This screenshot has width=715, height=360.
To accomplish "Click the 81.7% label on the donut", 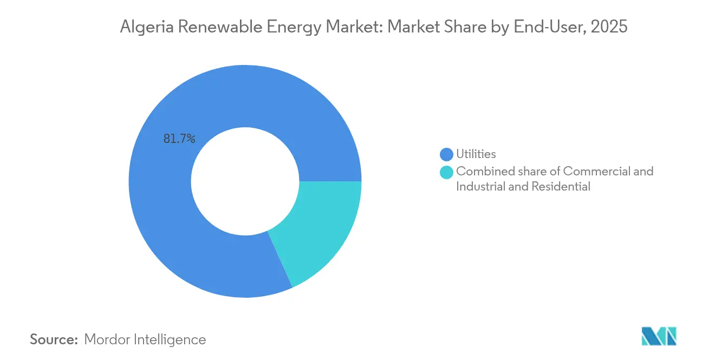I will [179, 139].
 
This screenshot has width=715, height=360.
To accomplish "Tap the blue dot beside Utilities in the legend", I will [446, 154].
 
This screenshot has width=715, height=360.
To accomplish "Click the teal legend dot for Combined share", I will [446, 172].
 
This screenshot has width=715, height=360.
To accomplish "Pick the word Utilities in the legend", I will [476, 154].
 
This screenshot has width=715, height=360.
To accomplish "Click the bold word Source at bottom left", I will [54, 339].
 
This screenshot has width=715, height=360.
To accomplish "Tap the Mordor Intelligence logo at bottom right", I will [659, 336].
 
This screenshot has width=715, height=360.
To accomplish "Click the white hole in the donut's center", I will [245, 181].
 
